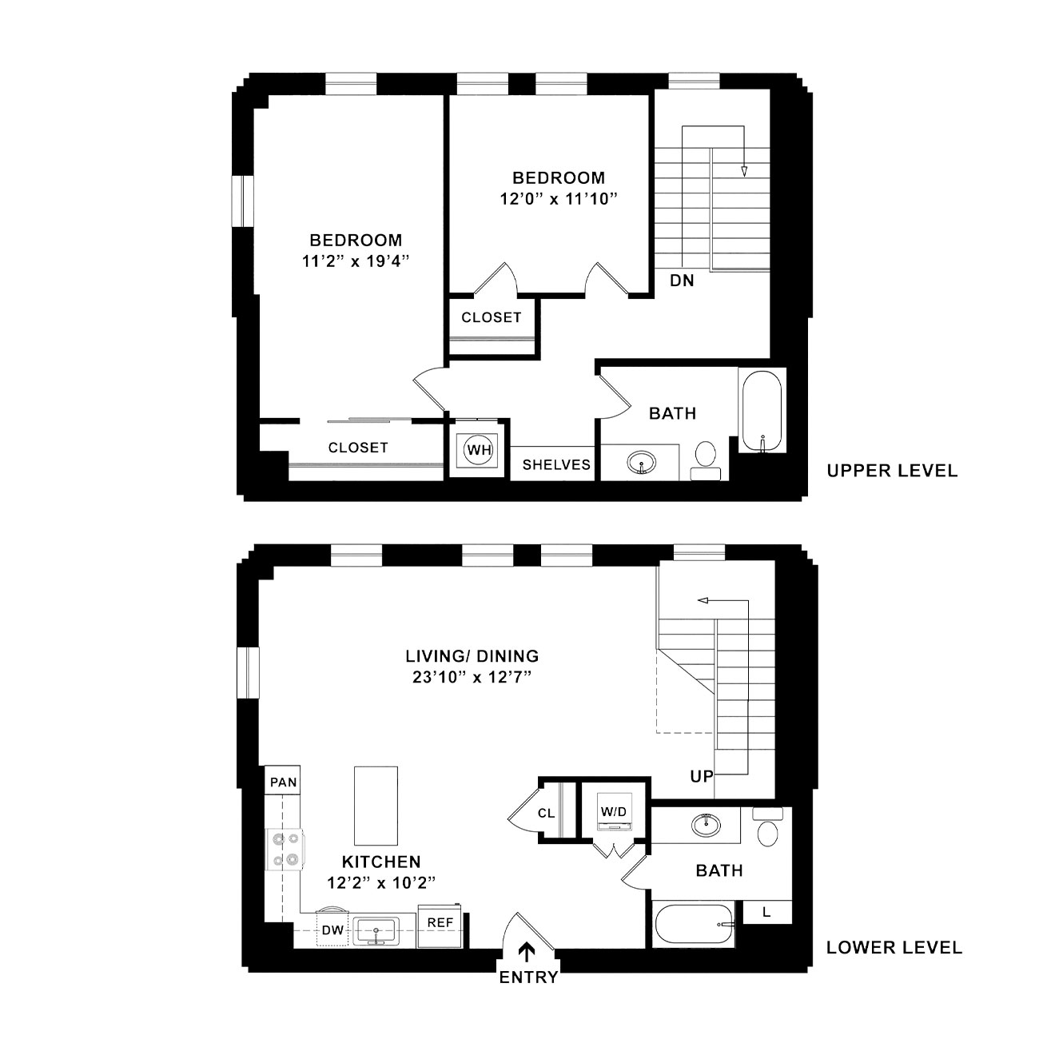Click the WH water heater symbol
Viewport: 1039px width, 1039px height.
[x=479, y=449]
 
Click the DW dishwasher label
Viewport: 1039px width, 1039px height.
[x=332, y=930]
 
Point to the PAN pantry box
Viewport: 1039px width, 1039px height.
[x=283, y=782]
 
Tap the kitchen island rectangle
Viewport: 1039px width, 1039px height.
[x=376, y=806]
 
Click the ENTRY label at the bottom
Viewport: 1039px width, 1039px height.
[x=528, y=977]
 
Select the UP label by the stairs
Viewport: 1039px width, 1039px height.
[x=702, y=776]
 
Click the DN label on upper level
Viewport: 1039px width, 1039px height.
[x=682, y=281]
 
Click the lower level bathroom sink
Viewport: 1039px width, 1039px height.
[x=706, y=824]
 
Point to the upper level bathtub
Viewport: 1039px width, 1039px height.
[x=762, y=411]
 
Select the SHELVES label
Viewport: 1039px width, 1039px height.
[x=556, y=465]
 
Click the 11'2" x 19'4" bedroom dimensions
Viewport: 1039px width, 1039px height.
[x=356, y=261]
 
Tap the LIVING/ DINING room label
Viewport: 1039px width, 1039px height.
[x=472, y=655]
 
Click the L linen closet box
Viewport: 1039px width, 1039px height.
[x=767, y=912]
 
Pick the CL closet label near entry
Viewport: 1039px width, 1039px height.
[x=546, y=813]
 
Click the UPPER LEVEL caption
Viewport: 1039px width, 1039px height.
[x=893, y=471]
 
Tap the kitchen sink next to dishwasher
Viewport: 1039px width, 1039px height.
[x=376, y=930]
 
